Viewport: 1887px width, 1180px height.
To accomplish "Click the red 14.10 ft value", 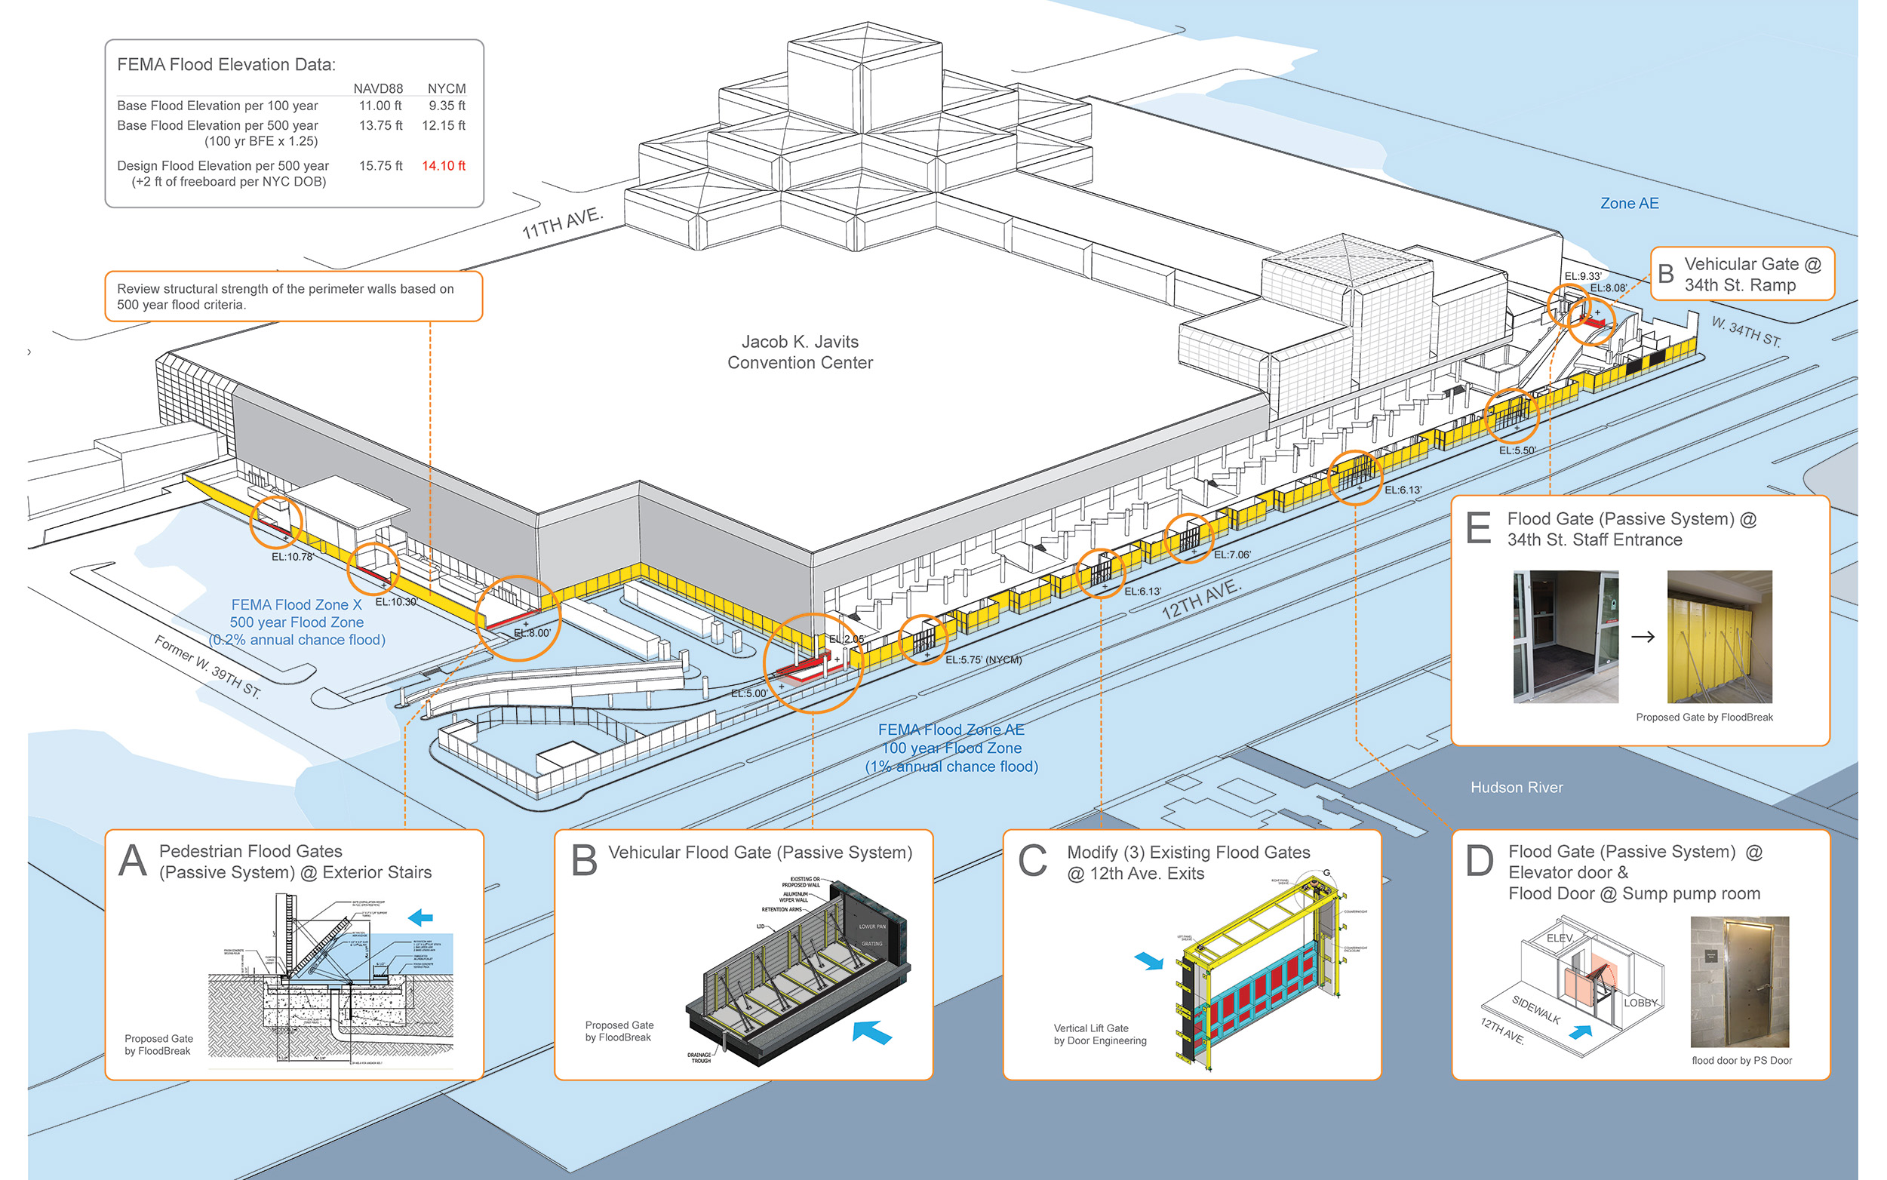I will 443,165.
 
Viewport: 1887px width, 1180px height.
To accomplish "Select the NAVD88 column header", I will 378,88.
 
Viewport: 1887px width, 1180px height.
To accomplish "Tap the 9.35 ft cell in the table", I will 447,106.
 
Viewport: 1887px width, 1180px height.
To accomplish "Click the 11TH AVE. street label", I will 562,223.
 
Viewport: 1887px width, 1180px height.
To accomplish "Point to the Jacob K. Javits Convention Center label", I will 800,352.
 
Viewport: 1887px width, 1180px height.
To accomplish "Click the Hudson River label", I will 1517,788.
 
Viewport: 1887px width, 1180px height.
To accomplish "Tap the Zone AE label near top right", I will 1629,203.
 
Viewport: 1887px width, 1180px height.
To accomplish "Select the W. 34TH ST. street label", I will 1747,332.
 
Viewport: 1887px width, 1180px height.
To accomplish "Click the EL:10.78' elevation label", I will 293,557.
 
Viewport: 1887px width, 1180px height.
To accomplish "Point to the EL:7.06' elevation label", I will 1232,554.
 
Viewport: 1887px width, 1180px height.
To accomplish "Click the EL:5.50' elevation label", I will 1517,450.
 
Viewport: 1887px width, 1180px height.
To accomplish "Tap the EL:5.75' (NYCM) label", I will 983,659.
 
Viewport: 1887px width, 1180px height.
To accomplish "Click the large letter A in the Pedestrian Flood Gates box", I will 133,861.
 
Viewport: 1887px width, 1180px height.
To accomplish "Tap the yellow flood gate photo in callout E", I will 1720,636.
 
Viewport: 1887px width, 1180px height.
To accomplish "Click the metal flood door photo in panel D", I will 1740,982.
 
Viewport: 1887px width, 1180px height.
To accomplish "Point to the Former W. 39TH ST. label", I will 207,666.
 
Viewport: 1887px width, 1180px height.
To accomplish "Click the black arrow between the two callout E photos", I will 1643,637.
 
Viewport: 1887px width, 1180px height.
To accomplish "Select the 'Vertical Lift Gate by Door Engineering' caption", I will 1099,1034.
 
